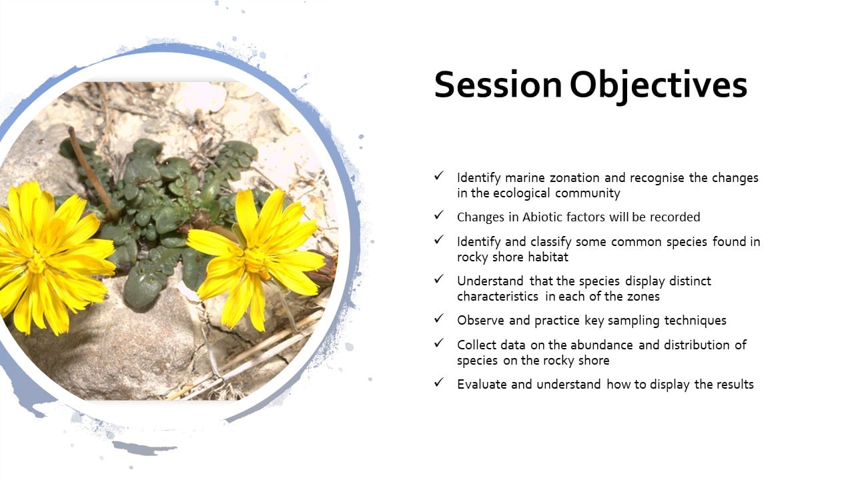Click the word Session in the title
(x=498, y=84)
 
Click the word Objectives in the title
(x=659, y=86)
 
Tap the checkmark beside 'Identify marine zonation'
(x=439, y=175)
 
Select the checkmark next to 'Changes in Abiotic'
(x=439, y=215)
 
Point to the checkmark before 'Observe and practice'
(x=439, y=319)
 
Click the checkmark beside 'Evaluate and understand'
(x=439, y=382)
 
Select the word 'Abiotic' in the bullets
(x=542, y=217)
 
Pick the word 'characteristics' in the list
(x=498, y=297)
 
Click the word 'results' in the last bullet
(x=735, y=385)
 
